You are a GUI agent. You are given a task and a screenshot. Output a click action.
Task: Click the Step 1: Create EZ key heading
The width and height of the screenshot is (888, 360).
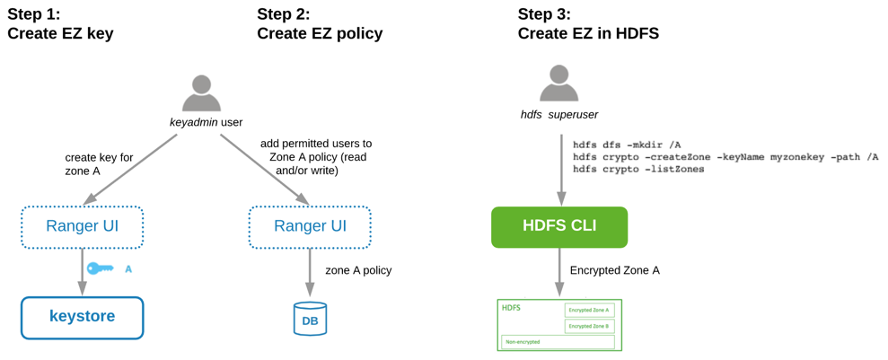(60, 24)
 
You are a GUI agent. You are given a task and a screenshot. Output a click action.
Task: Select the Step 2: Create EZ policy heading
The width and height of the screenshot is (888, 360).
(320, 24)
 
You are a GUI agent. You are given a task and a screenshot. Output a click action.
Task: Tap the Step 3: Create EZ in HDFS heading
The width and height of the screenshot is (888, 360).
(588, 24)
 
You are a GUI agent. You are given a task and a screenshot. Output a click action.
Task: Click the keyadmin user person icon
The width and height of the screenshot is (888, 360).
(201, 93)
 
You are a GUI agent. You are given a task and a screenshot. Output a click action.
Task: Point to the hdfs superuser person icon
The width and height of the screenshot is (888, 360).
(558, 84)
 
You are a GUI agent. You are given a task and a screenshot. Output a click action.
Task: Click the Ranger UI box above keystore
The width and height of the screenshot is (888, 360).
(83, 227)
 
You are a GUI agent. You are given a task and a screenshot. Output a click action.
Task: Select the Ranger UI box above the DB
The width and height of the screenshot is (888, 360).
(310, 227)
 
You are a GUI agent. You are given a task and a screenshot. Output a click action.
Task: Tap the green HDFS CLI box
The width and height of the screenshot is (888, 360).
(559, 227)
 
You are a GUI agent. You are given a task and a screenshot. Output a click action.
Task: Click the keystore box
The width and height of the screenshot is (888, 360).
(83, 318)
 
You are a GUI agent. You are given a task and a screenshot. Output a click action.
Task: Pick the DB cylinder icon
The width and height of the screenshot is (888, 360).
(310, 319)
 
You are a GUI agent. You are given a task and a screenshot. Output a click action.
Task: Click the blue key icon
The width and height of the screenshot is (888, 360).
(100, 268)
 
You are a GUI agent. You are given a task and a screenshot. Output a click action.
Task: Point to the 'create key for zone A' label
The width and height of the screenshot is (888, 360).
(99, 164)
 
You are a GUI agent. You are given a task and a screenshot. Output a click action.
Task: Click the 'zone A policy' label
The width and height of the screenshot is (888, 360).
(358, 270)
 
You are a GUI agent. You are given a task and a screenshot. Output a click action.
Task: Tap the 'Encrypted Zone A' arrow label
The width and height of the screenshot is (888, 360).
(614, 270)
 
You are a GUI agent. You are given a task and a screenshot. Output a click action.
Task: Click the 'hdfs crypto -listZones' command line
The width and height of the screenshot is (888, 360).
(638, 170)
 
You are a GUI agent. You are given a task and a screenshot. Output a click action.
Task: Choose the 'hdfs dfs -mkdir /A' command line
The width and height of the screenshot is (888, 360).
(627, 145)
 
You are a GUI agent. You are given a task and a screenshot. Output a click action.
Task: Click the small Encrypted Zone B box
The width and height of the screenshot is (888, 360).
(589, 327)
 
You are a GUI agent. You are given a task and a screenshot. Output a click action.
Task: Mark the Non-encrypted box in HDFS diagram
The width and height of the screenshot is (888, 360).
(558, 342)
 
